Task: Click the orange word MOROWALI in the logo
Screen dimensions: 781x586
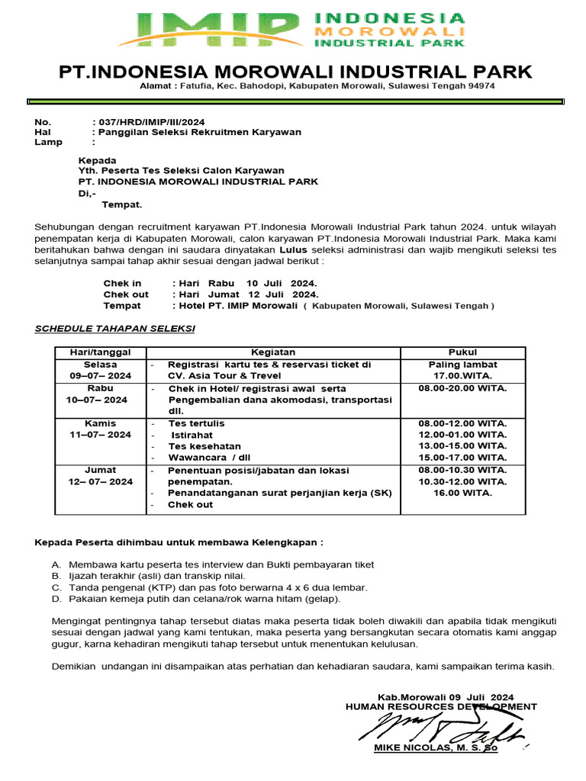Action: point(389,32)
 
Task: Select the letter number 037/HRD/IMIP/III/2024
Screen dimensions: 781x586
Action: point(148,122)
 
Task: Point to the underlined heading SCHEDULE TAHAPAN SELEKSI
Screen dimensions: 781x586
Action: point(115,329)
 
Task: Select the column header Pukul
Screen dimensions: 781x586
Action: point(462,352)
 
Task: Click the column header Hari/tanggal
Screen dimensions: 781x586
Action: point(101,352)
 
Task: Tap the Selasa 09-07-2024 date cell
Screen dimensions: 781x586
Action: point(101,370)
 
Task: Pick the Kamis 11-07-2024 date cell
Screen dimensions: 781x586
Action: point(101,429)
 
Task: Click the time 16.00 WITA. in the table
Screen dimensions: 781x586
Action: point(462,493)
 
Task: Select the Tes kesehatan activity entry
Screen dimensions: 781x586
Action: point(204,446)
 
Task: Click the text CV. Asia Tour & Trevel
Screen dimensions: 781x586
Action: point(224,376)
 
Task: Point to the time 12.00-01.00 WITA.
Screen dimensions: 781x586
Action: point(462,435)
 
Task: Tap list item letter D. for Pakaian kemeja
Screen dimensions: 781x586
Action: point(56,599)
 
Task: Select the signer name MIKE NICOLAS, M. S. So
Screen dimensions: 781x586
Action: point(435,748)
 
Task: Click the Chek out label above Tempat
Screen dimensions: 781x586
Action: point(126,294)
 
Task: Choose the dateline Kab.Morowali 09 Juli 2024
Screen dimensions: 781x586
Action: point(446,697)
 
